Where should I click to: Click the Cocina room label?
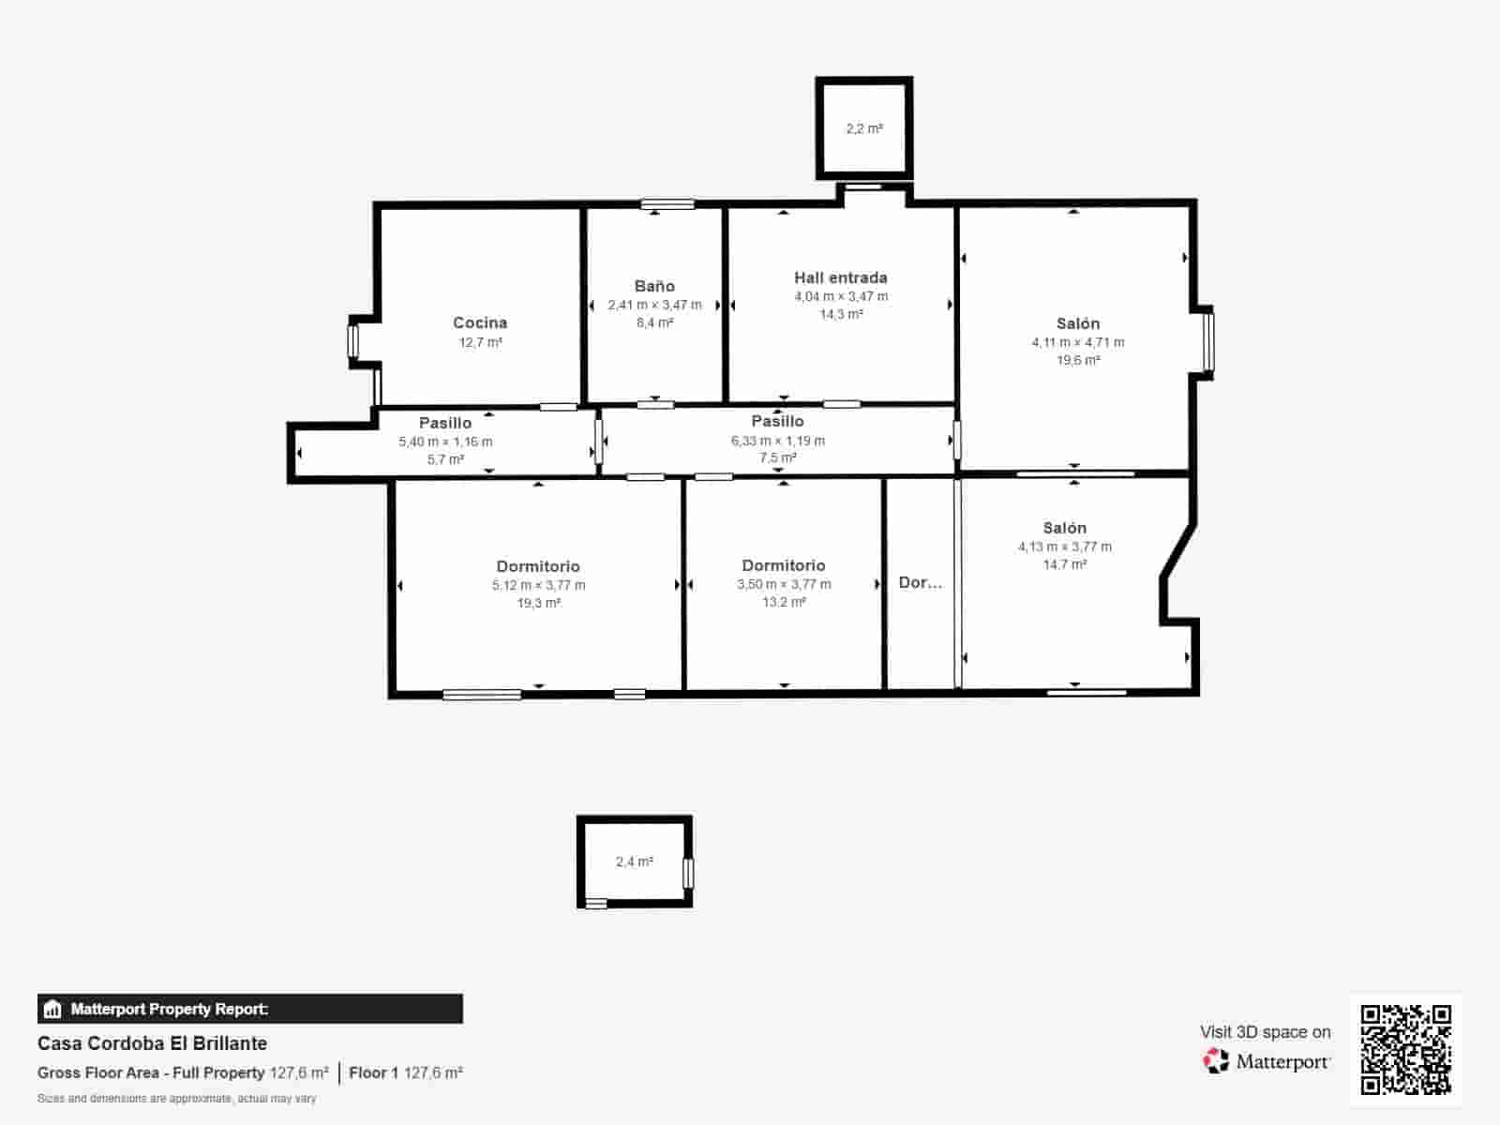pos(480,322)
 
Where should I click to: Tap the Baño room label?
pos(654,286)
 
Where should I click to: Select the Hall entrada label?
pos(841,277)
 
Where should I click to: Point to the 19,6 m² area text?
pos(1078,360)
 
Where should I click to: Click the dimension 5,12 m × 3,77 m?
pos(538,585)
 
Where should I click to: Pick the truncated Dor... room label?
pos(920,582)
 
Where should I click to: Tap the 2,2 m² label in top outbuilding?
pos(864,128)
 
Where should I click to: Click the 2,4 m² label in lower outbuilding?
pos(634,862)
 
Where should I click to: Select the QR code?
pos(1405,1049)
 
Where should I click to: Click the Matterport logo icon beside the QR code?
pos(1216,1061)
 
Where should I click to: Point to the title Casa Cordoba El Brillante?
pos(153,1043)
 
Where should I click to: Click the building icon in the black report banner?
pos(52,1009)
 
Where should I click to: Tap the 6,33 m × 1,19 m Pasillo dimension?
pos(778,441)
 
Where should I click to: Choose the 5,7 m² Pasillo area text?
pos(445,459)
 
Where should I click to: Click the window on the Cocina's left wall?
pos(352,341)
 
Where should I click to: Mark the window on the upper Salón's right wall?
pos(1208,341)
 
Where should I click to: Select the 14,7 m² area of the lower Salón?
pos(1065,564)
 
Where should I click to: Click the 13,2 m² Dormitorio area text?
pos(784,602)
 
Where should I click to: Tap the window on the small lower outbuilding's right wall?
pos(688,874)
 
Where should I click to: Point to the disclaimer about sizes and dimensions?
pos(176,1099)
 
